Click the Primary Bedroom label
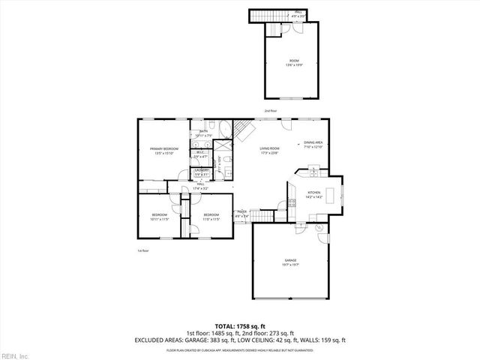coord(163,151)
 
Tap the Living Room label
coord(269,151)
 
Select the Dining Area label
coord(313,145)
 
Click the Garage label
coord(290,262)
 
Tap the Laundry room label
coord(202,172)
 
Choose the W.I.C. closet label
coord(201,154)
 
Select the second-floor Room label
coord(294,63)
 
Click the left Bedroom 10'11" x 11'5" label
coord(159,218)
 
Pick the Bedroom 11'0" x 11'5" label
coord(211,218)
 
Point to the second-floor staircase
coord(259,16)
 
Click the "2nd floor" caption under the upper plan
coord(270,110)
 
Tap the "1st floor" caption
coord(143,250)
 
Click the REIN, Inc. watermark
coord(14,355)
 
